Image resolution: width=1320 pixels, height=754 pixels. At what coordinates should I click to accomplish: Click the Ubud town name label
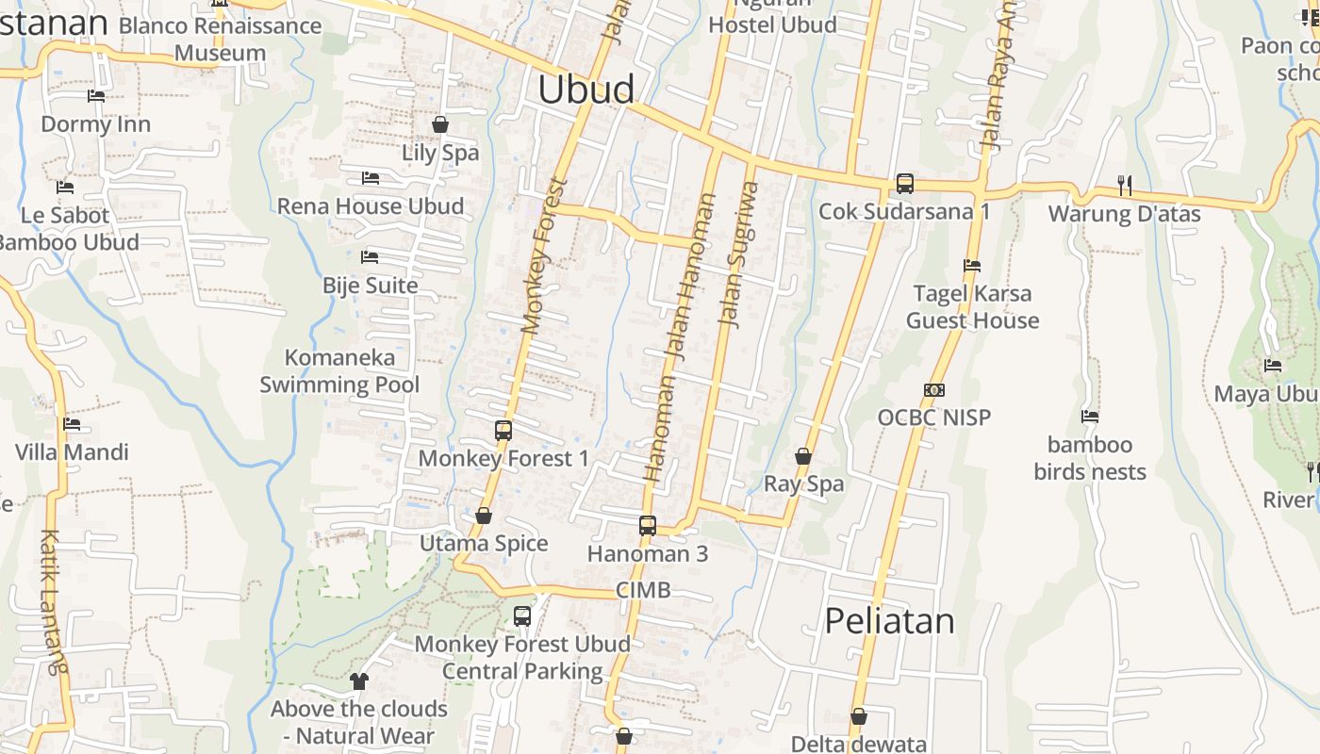pos(586,90)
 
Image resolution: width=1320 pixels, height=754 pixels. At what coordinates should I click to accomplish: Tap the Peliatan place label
pos(889,620)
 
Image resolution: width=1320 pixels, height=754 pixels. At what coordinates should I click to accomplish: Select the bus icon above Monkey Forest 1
pos(503,431)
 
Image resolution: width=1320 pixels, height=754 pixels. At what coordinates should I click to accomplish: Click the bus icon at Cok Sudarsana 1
pos(905,184)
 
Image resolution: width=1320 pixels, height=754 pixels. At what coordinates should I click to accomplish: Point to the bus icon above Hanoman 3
pos(648,526)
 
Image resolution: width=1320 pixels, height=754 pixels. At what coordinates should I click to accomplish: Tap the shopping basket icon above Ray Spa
pos(803,456)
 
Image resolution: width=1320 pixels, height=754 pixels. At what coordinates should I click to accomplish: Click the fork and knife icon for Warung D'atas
pos(1124,185)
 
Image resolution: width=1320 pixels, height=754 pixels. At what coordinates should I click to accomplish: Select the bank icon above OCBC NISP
pos(934,390)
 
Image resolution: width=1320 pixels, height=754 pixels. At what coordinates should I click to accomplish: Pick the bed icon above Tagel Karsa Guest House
pos(972,266)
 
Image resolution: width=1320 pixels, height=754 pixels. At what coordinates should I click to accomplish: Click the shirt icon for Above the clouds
pos(358,680)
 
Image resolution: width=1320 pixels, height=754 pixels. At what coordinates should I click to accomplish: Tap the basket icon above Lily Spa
pos(440,124)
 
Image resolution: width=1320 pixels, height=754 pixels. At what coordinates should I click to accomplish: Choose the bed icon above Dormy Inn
pos(96,96)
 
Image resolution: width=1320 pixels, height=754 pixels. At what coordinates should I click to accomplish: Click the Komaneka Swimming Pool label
pos(339,370)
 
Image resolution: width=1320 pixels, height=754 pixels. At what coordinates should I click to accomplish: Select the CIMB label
pos(643,590)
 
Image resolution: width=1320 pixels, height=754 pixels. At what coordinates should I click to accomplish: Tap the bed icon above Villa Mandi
pos(72,424)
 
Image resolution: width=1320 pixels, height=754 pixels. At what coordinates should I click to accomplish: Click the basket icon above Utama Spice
pos(484,516)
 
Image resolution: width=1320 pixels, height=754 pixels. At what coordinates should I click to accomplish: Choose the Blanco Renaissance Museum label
pos(220,39)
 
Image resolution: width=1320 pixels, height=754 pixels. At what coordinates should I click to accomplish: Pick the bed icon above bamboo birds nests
pos(1090,416)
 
